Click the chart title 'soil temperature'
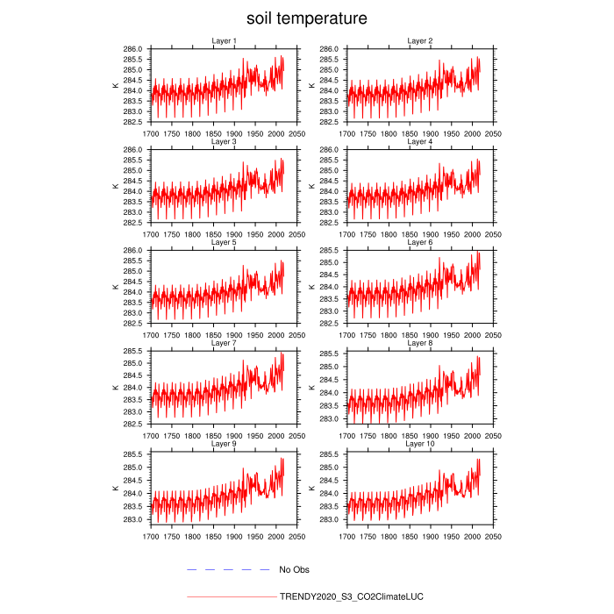(306, 18)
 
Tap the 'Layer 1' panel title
(224, 41)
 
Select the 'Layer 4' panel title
(419, 142)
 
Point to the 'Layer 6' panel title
(419, 243)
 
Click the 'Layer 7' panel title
(224, 343)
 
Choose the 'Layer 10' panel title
(419, 444)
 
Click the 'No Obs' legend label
(295, 570)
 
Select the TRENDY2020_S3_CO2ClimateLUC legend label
(351, 596)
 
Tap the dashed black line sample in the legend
(228, 570)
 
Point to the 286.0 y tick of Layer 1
(134, 49)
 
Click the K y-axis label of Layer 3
(115, 186)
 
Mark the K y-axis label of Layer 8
(311, 387)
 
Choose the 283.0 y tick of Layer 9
(134, 519)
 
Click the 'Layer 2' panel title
(419, 41)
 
